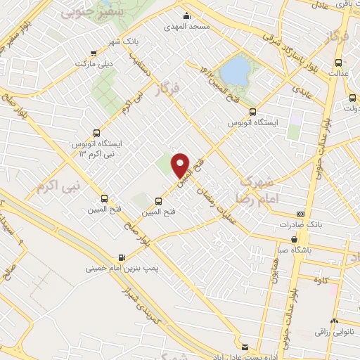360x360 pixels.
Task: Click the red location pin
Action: (x=181, y=165)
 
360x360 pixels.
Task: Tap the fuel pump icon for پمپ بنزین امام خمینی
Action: (x=122, y=257)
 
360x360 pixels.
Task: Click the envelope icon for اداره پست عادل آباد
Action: (x=245, y=347)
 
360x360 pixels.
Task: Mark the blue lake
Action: (x=234, y=70)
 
